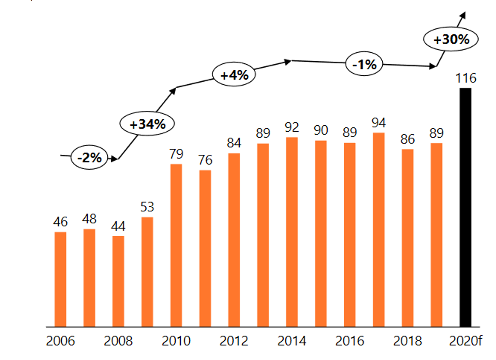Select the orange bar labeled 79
pyautogui.click(x=176, y=245)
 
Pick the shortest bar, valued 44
pyautogui.click(x=118, y=281)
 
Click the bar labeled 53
pyautogui.click(x=147, y=272)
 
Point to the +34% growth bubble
pyautogui.click(x=147, y=124)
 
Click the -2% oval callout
pyautogui.click(x=89, y=157)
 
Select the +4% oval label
pyautogui.click(x=234, y=75)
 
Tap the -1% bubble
pyautogui.click(x=364, y=64)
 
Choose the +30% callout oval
pyautogui.click(x=451, y=39)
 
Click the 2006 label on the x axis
pyautogui.click(x=60, y=341)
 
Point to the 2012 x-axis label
pyautogui.click(x=234, y=341)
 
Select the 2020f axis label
pyautogui.click(x=465, y=341)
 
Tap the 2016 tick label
pyautogui.click(x=349, y=341)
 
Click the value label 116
pyautogui.click(x=466, y=78)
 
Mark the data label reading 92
pyautogui.click(x=292, y=127)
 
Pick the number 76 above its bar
pyautogui.click(x=205, y=160)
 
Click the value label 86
pyautogui.click(x=407, y=139)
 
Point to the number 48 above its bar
pyautogui.click(x=89, y=219)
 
